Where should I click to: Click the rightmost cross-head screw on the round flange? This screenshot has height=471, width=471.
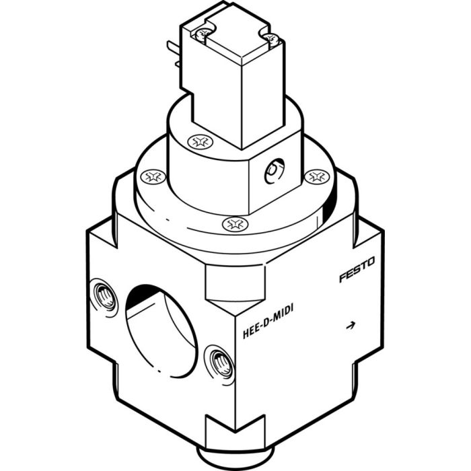tap(315, 176)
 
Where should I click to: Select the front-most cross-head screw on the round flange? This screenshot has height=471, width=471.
tap(233, 223)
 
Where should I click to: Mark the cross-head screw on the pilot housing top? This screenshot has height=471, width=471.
tap(198, 142)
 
